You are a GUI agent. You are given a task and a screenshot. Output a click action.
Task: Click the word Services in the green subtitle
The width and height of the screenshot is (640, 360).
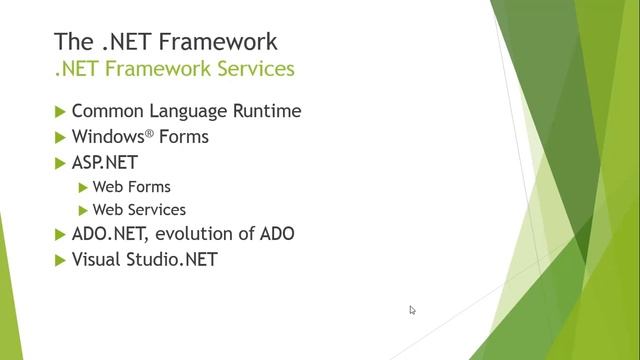coord(256,69)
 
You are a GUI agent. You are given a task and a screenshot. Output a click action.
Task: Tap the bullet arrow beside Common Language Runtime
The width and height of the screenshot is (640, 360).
coord(60,111)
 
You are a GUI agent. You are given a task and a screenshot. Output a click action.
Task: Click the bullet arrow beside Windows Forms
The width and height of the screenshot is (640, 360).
coord(60,136)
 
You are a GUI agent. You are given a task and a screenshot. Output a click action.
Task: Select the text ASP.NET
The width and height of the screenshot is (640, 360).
coord(105,161)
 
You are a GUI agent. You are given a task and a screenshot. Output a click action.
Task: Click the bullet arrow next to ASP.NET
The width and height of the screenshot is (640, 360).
coord(60,161)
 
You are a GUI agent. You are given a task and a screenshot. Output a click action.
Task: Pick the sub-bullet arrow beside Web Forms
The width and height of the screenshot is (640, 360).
coord(83,187)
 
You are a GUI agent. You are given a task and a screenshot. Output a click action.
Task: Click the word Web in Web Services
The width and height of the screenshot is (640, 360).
coord(106,210)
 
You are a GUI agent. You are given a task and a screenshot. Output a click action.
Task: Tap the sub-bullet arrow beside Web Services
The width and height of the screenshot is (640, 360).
coord(83,210)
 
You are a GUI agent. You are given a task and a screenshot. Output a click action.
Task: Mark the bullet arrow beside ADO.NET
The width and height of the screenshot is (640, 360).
coord(60,234)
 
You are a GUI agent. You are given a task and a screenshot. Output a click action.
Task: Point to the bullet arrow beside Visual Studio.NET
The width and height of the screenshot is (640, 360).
coord(60,259)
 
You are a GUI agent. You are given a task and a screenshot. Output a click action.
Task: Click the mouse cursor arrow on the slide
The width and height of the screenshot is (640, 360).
coord(412,310)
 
